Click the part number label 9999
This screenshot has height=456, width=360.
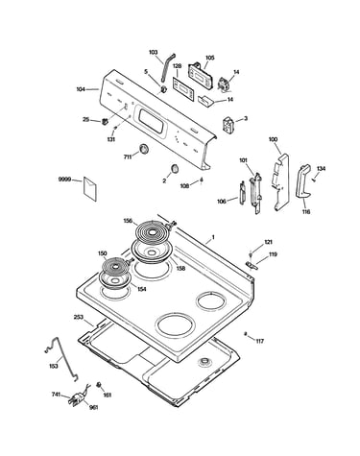pyautogui.click(x=63, y=180)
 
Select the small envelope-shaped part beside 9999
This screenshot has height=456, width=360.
pyautogui.click(x=90, y=189)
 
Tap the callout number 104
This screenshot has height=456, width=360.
pyautogui.click(x=81, y=89)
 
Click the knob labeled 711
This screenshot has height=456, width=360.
pyautogui.click(x=144, y=149)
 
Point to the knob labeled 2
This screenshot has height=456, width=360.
pyautogui.click(x=175, y=168)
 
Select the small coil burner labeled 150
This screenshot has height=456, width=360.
pyautogui.click(x=114, y=266)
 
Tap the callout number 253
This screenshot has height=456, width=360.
pyautogui.click(x=79, y=317)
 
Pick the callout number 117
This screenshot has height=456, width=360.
pyautogui.click(x=260, y=341)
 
